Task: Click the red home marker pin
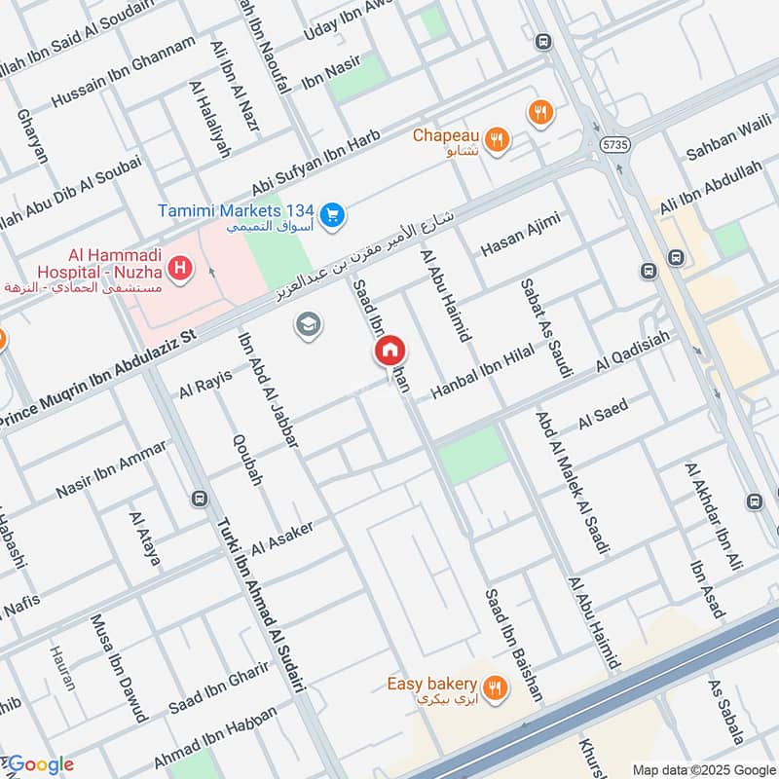click(x=390, y=352)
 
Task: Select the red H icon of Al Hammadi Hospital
click(x=179, y=266)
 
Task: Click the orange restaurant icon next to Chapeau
click(x=497, y=139)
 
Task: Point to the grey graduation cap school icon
click(x=309, y=325)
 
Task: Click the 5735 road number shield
click(x=615, y=143)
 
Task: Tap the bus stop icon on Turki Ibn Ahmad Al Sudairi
click(x=200, y=499)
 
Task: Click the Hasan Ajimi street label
click(x=521, y=235)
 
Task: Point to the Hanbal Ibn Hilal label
click(x=491, y=371)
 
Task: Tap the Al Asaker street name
click(x=282, y=535)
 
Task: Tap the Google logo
click(x=39, y=764)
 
